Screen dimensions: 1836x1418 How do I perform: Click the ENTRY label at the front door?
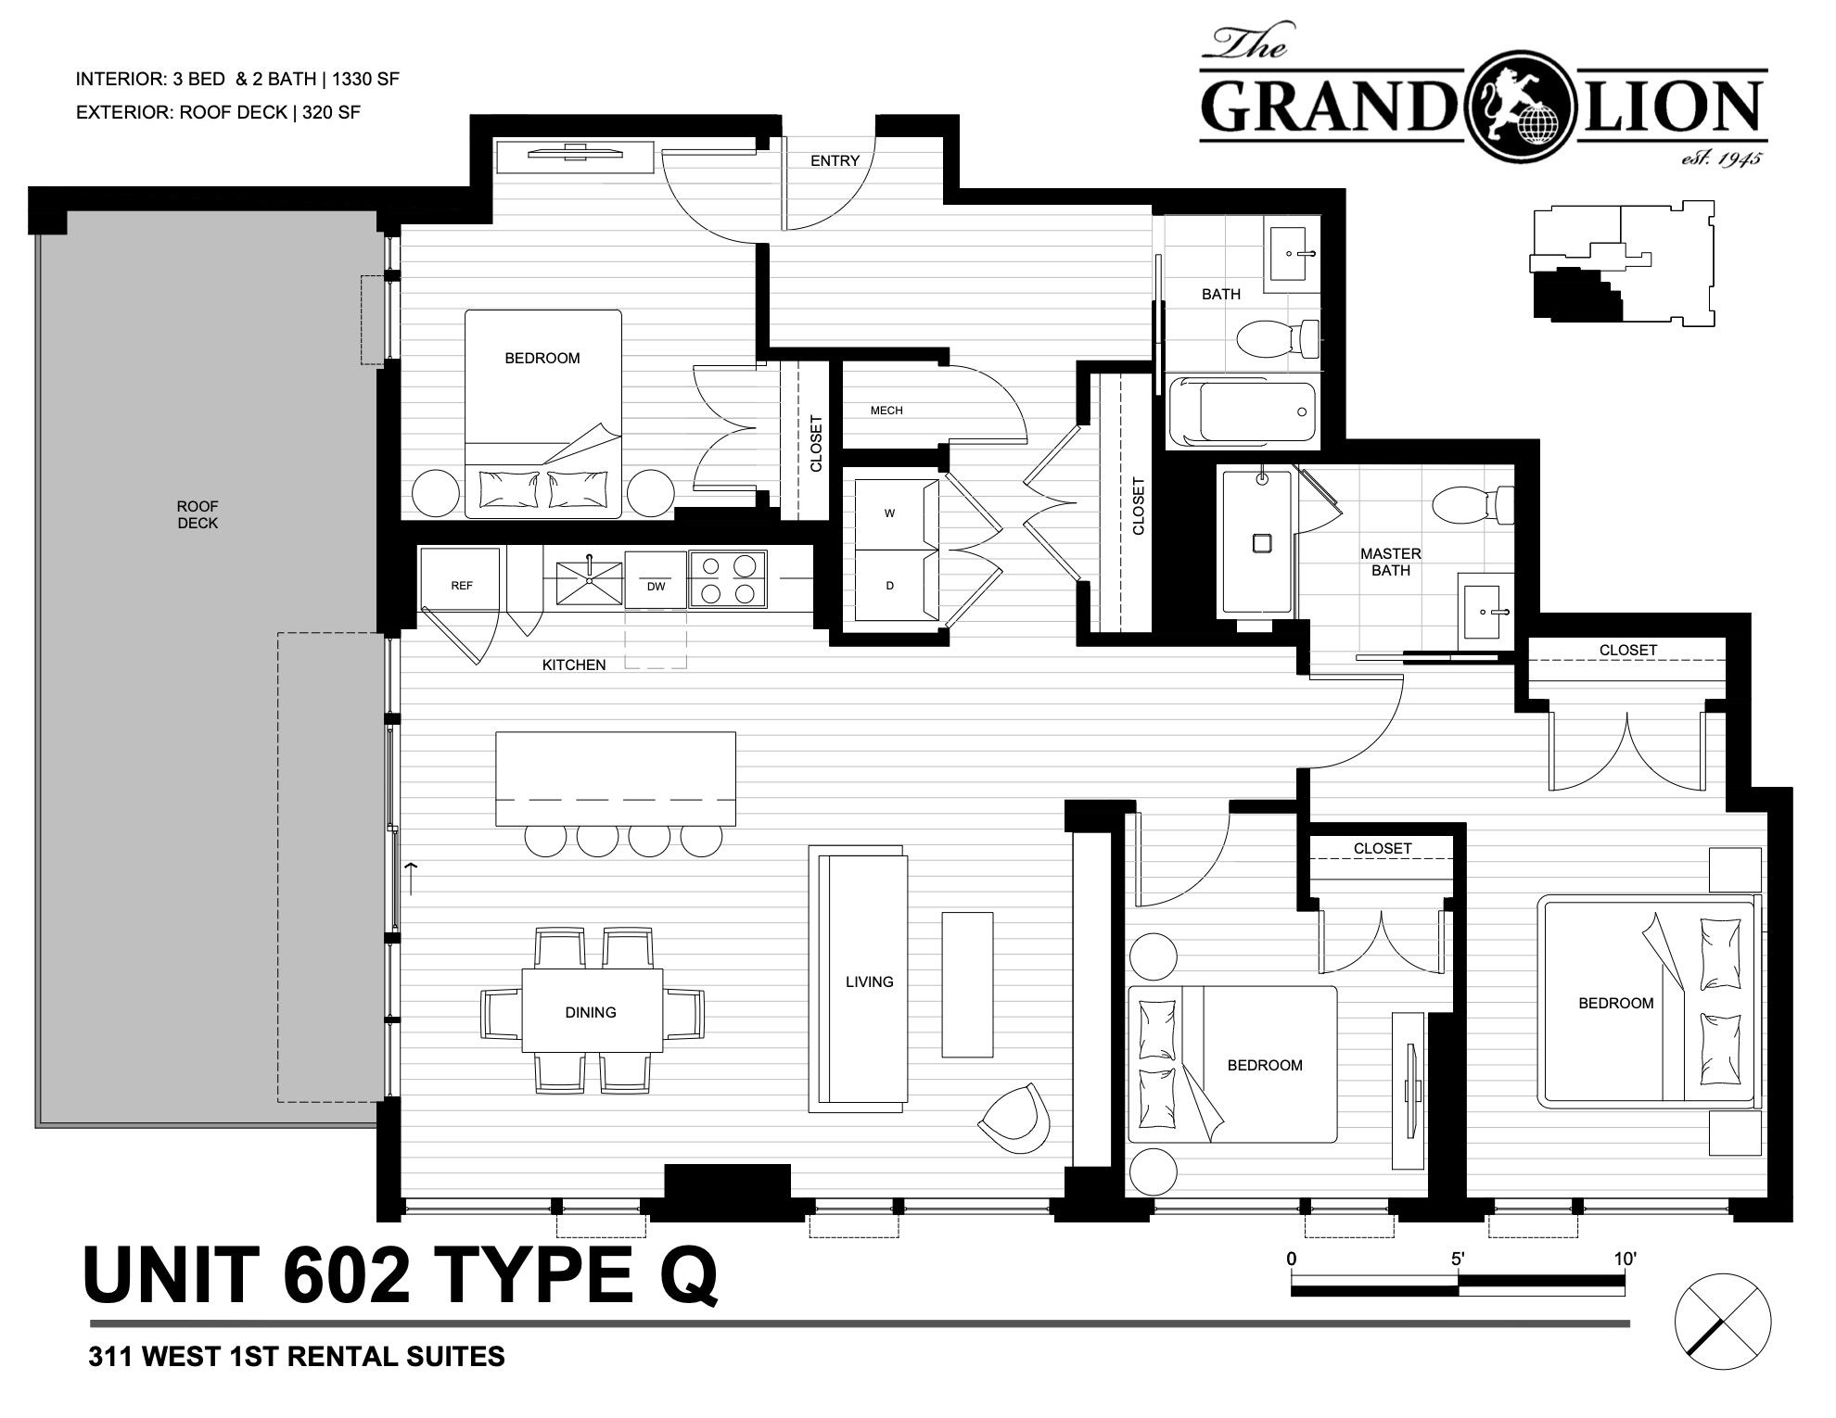(835, 160)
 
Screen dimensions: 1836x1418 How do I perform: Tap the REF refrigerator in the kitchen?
(461, 578)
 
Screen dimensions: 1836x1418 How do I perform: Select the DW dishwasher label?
(656, 586)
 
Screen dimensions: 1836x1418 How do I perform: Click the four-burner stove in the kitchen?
(728, 579)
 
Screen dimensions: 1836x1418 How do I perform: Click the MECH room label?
(886, 410)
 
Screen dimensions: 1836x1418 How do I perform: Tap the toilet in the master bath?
(1473, 506)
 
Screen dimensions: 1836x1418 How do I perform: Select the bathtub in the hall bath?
(1243, 412)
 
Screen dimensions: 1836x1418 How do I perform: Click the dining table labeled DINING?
(592, 1010)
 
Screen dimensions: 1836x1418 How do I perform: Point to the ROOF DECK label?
(198, 514)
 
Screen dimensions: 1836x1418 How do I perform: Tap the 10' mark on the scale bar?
(1625, 1259)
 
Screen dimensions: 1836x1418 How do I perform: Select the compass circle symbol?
(1723, 1322)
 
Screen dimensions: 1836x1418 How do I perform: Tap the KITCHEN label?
(574, 665)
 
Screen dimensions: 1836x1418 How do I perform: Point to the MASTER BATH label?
(1391, 562)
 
